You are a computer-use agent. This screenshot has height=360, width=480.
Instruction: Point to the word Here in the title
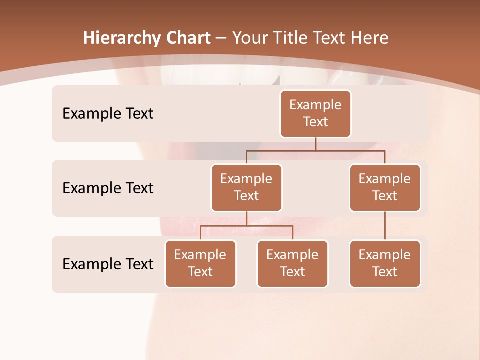click(369, 38)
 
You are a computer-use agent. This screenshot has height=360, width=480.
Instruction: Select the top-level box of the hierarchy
click(315, 113)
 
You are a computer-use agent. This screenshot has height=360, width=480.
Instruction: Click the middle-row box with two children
click(246, 187)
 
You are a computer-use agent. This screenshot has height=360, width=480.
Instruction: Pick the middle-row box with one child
click(385, 187)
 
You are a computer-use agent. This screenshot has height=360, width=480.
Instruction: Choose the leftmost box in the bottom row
click(200, 263)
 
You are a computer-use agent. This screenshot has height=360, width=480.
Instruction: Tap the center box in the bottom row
click(292, 263)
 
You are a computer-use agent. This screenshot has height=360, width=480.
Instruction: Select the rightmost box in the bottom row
click(385, 263)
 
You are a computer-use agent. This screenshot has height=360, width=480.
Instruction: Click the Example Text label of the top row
click(108, 114)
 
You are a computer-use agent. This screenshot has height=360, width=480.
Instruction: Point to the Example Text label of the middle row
click(108, 188)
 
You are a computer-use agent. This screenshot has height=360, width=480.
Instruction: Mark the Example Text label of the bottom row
click(108, 264)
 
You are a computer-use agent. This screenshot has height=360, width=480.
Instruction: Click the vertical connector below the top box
click(315, 144)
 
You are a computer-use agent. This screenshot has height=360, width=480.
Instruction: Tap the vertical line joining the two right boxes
click(385, 226)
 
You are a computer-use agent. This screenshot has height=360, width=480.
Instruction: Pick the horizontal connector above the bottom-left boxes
click(246, 226)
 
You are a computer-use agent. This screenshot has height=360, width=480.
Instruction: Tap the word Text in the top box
click(315, 122)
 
